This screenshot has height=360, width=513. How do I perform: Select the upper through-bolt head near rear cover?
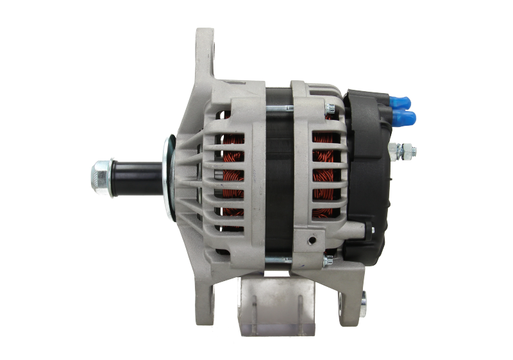[328, 107]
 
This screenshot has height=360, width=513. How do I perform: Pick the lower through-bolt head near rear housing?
[328, 259]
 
